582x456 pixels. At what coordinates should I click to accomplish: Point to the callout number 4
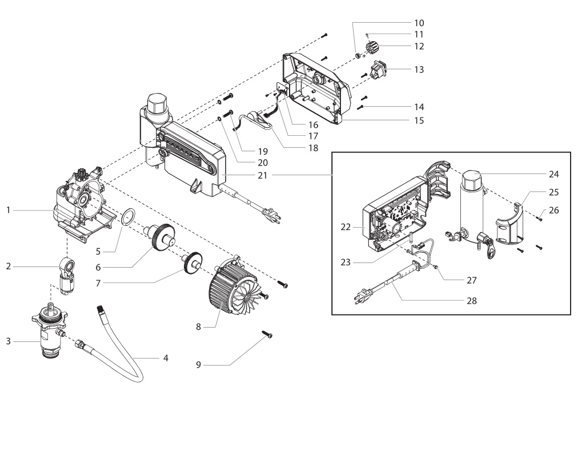[166, 358]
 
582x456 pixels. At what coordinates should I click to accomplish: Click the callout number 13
[419, 69]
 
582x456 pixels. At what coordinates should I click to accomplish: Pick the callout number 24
[538, 173]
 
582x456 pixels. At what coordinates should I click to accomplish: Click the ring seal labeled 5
[130, 217]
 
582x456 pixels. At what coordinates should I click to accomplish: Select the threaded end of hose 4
[102, 310]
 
